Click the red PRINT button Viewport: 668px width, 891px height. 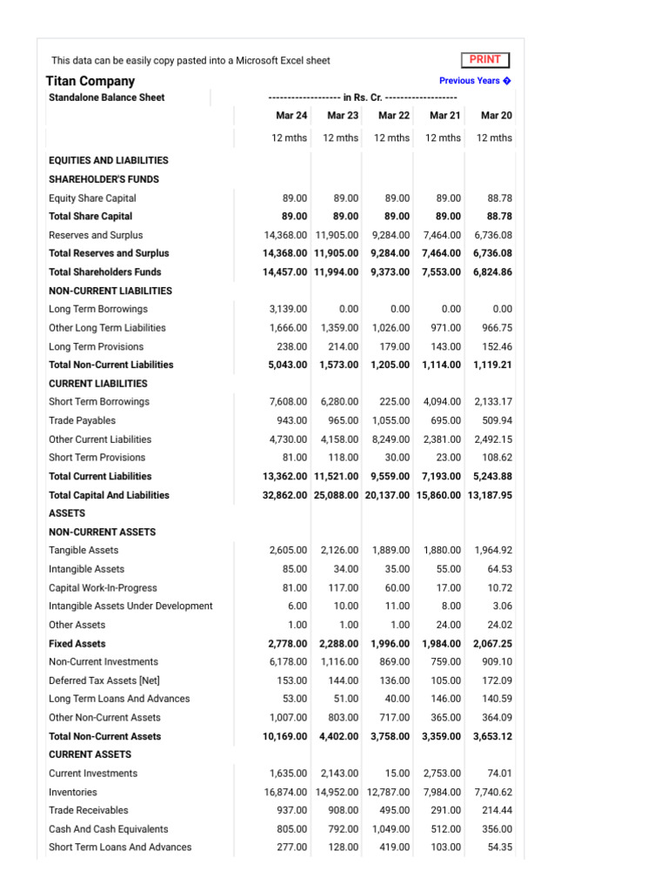[485, 60]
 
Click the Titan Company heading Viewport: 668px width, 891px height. [90, 81]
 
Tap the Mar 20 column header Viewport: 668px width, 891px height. [496, 115]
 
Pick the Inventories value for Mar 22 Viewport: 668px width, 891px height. [388, 792]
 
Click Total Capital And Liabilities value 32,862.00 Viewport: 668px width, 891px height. [285, 495]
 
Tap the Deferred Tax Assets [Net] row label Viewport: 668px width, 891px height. [104, 680]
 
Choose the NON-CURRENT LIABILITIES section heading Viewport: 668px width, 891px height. [110, 291]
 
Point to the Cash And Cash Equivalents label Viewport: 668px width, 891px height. [108, 829]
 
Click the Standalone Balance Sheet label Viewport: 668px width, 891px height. [106, 97]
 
